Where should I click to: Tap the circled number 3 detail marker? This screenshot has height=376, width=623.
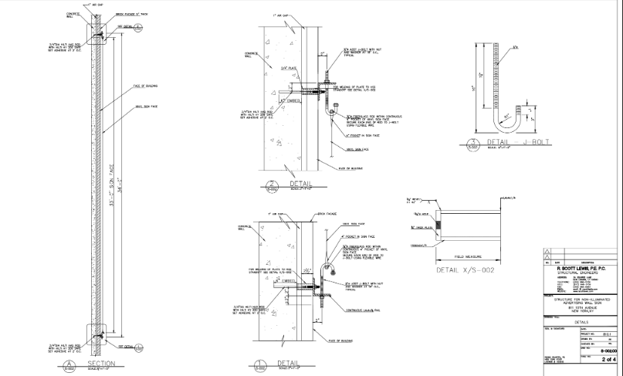[470, 143]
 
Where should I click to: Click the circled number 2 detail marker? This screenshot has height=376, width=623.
[271, 186]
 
